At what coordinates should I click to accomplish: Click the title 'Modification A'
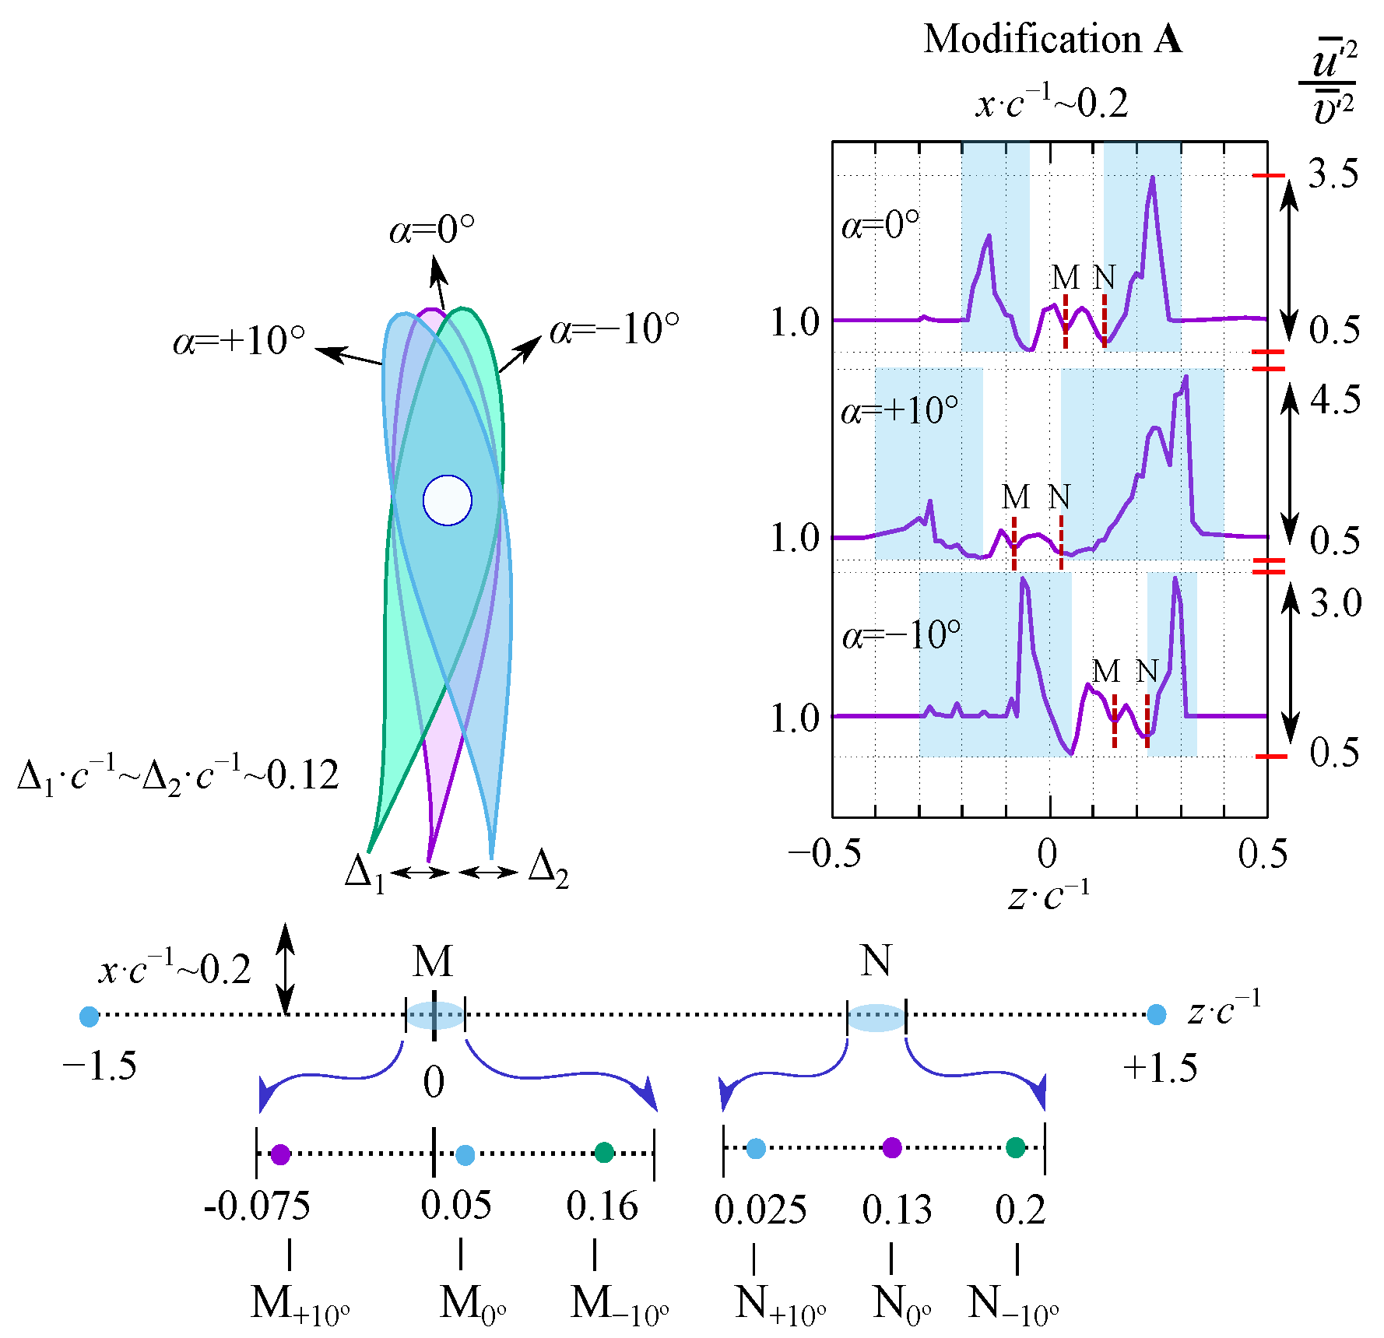tap(1052, 39)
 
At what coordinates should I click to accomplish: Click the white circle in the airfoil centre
tap(448, 500)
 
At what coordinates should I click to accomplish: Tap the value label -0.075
tap(257, 1206)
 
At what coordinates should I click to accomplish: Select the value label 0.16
tap(602, 1206)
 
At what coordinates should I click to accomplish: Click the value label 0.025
tap(760, 1210)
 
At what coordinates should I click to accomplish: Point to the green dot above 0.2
tap(1016, 1147)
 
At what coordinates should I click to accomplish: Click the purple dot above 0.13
tap(892, 1147)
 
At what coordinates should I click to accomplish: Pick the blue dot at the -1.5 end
tap(90, 1016)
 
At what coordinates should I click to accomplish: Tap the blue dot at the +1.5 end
tap(1157, 1015)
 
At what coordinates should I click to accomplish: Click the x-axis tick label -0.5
tap(824, 854)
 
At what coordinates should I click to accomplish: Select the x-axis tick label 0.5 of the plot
tap(1263, 854)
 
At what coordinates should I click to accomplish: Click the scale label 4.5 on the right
tap(1335, 400)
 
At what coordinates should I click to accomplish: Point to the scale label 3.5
tap(1333, 174)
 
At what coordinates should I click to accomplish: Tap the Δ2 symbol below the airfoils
tap(548, 869)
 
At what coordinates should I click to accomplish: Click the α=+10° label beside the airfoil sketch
tap(239, 341)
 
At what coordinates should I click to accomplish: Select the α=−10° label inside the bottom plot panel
tap(901, 636)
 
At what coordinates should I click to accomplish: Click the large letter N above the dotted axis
tap(876, 960)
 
